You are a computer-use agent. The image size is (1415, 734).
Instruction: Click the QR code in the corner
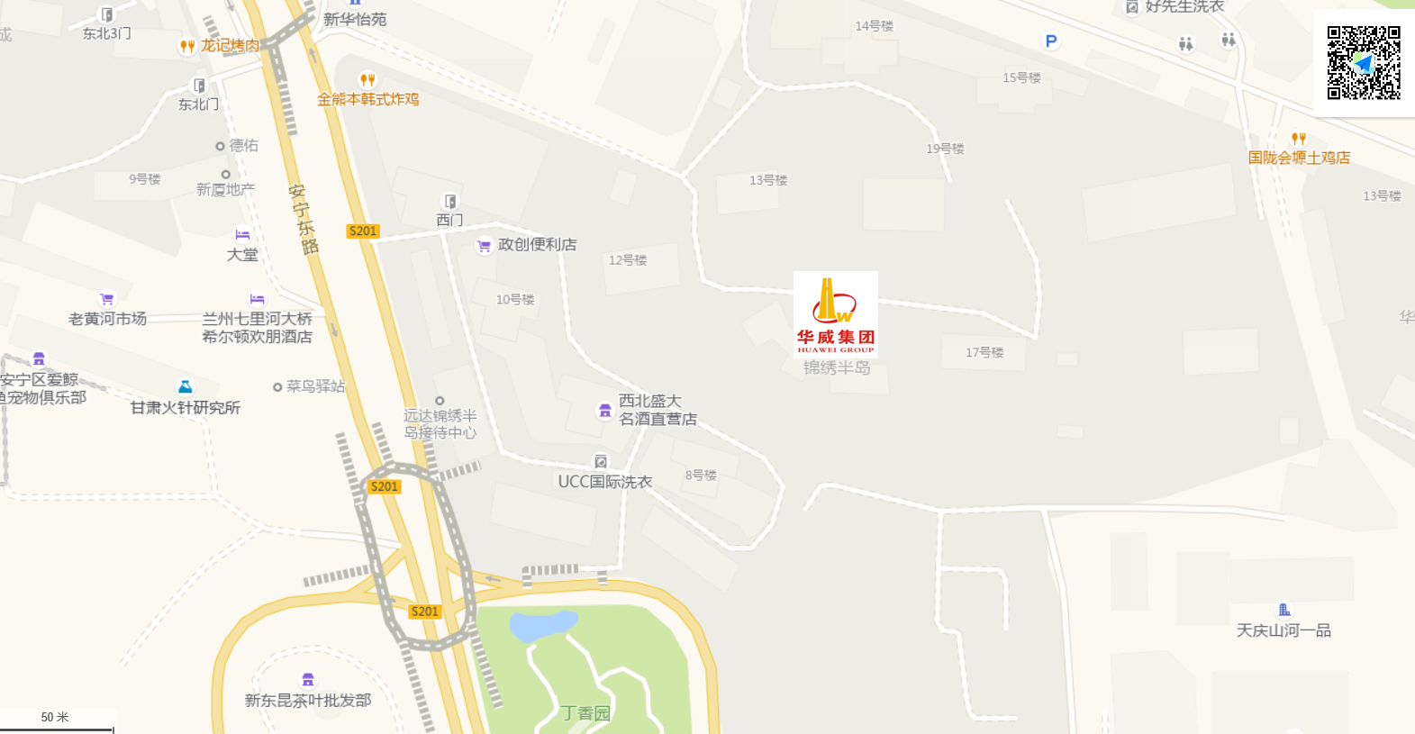1364,62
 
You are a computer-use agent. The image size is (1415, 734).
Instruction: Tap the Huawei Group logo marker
835,313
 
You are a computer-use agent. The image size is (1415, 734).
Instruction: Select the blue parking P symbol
1050,41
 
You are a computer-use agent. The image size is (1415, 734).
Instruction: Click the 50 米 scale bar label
55,717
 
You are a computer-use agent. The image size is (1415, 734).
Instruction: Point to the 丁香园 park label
585,713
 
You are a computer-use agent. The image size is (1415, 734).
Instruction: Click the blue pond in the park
542,623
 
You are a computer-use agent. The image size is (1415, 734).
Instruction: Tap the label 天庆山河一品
1283,630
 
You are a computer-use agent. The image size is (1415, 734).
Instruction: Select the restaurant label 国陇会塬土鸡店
1299,158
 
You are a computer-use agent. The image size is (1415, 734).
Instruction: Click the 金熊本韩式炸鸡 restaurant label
367,99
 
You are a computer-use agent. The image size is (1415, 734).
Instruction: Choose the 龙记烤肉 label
230,45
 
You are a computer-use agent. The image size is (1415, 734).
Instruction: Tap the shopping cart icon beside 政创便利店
485,245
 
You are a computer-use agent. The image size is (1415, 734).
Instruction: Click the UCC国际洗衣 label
604,482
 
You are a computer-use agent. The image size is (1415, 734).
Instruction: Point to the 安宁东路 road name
304,219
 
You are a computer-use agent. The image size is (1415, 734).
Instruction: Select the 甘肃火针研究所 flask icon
185,387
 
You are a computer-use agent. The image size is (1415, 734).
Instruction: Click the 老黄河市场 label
107,319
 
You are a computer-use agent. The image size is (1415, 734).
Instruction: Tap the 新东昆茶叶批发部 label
308,700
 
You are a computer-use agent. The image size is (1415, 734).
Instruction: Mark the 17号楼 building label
984,352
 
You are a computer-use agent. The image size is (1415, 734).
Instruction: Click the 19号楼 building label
945,149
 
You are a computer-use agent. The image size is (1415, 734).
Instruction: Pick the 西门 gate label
449,220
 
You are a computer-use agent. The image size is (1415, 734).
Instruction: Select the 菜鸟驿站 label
315,386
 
